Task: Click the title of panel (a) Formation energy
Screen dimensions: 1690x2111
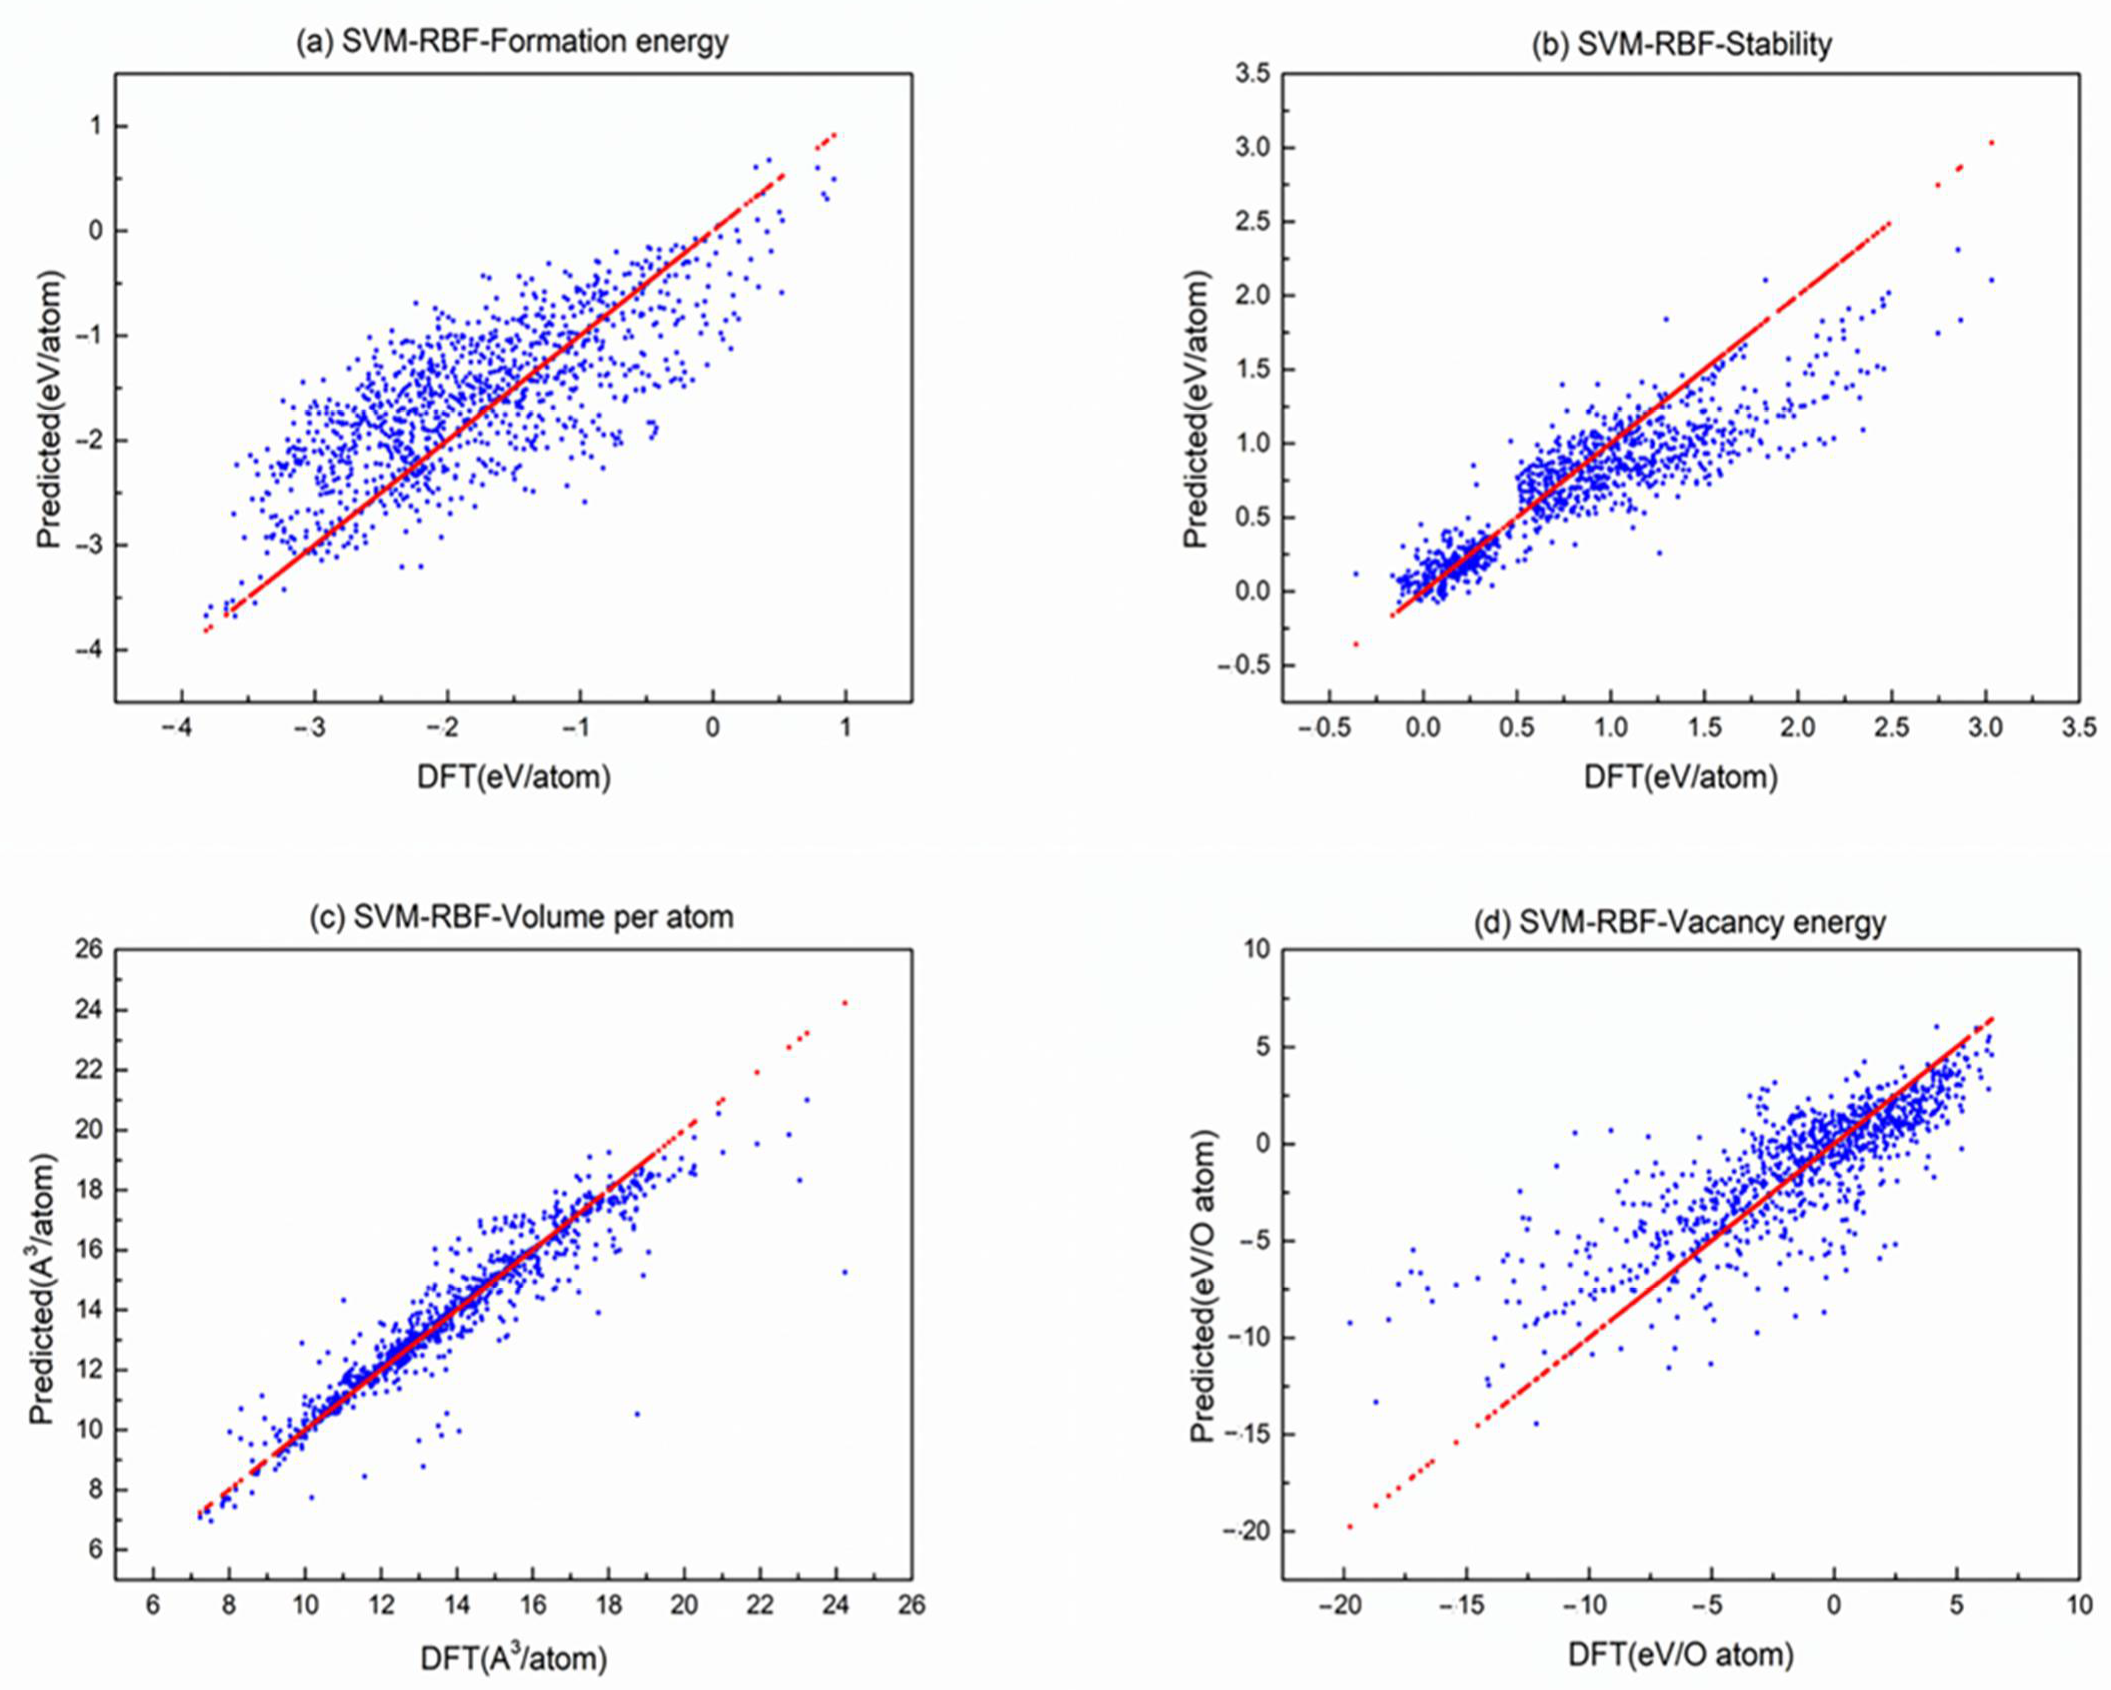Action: tap(512, 42)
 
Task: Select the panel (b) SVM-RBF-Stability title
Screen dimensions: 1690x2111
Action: tap(1681, 44)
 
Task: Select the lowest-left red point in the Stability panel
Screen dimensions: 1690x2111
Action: tap(1356, 643)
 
